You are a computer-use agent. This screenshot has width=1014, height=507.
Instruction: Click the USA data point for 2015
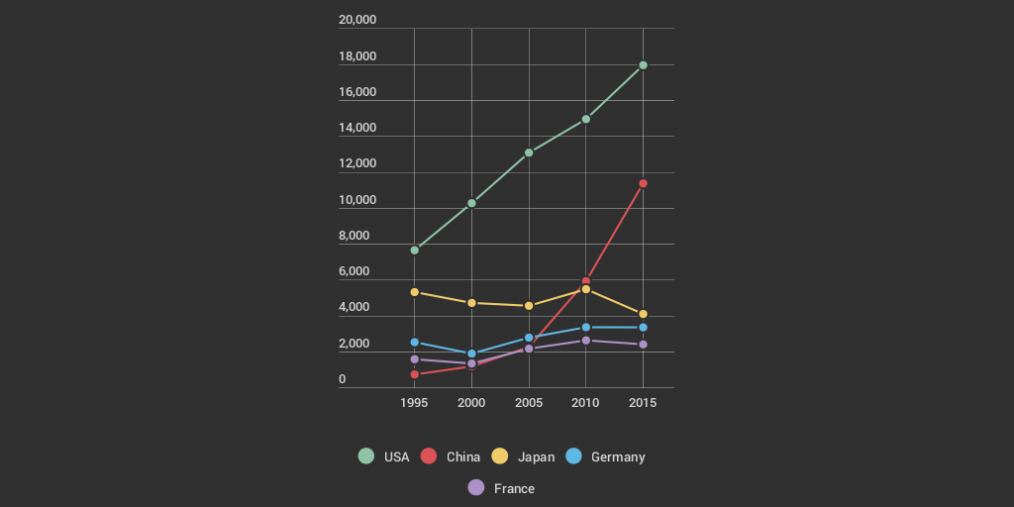(643, 65)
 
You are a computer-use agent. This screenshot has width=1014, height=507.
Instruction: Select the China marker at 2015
(643, 183)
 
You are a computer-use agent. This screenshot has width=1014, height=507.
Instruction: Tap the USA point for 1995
(414, 250)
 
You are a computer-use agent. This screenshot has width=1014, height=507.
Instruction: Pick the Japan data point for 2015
(643, 314)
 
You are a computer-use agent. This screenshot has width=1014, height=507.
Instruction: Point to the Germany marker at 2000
(471, 354)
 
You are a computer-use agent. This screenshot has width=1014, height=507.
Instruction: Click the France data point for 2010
(585, 341)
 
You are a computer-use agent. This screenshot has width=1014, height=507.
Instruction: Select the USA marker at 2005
(529, 152)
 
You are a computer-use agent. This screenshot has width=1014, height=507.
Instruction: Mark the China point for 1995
(414, 374)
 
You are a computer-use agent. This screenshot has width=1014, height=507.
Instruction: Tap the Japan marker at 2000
(471, 303)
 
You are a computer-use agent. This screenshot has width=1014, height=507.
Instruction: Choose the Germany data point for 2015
(643, 328)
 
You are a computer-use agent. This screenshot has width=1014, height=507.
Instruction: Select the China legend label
(462, 456)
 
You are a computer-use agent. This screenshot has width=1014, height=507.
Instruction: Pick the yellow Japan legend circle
(501, 456)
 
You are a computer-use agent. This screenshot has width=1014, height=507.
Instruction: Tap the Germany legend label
(617, 456)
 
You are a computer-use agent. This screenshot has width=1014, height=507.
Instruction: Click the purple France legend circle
(476, 487)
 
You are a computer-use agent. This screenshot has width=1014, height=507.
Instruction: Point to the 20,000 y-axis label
(357, 20)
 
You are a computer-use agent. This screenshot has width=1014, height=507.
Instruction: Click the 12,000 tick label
(357, 163)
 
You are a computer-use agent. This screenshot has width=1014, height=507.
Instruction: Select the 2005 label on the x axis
(529, 403)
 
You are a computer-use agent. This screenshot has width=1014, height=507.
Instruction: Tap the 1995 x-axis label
(414, 403)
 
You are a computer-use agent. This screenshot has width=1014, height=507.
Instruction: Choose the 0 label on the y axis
(343, 379)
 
